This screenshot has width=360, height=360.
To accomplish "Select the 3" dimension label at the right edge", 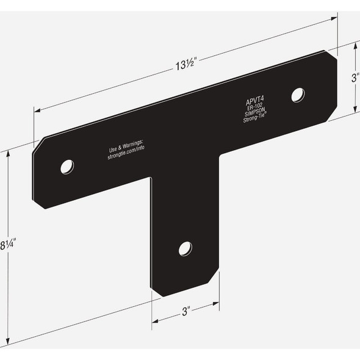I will [x=355, y=78].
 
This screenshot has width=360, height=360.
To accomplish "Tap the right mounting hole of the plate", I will [x=298, y=95].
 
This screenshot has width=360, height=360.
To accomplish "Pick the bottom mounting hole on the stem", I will [x=185, y=248].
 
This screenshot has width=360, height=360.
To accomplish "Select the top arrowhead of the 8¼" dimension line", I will [x=8, y=153].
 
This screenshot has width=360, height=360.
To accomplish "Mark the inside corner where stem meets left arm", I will [x=151, y=179].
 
